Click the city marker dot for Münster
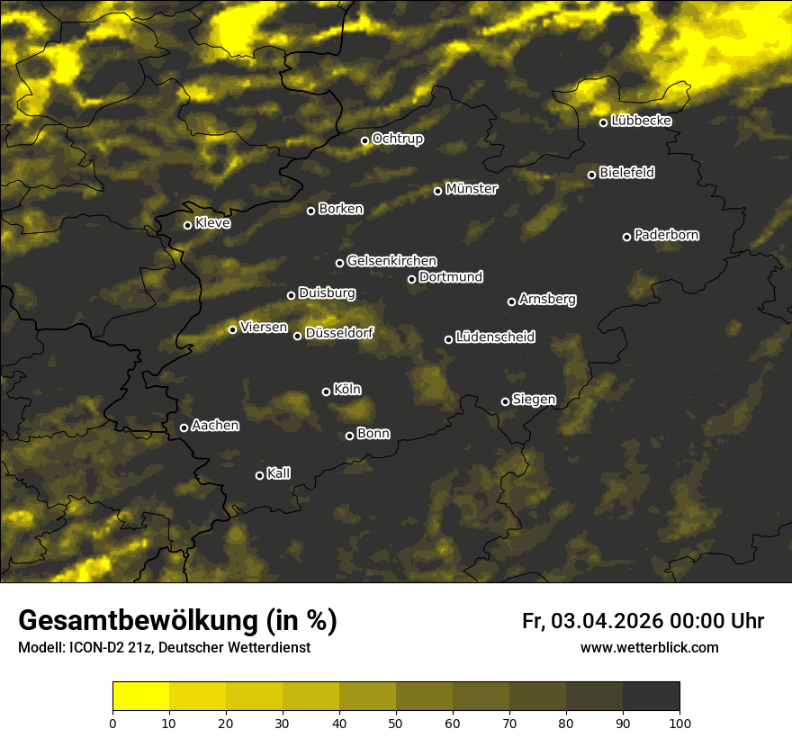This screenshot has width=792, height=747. click(x=438, y=191)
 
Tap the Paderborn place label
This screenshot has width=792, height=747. click(x=666, y=235)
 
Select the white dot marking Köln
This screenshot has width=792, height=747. click(x=327, y=391)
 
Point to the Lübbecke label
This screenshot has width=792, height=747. click(x=641, y=121)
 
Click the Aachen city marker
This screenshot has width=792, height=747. click(x=184, y=427)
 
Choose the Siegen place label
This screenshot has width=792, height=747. click(x=534, y=400)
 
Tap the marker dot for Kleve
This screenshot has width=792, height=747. click(x=188, y=225)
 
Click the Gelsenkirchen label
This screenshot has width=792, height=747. click(x=391, y=261)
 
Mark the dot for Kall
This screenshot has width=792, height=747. click(x=260, y=475)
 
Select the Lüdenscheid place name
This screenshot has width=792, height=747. click(x=495, y=337)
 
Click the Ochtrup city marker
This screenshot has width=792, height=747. click(x=365, y=140)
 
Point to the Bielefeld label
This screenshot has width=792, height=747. click(x=626, y=173)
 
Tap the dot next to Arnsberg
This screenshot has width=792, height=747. click(x=512, y=301)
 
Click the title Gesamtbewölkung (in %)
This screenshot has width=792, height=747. click(x=177, y=620)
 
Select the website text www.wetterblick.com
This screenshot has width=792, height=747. click(x=649, y=647)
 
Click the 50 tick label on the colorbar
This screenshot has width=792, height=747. click(x=396, y=723)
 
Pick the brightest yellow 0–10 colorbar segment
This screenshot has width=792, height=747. click(x=141, y=697)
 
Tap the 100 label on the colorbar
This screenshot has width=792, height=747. click(x=679, y=723)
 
